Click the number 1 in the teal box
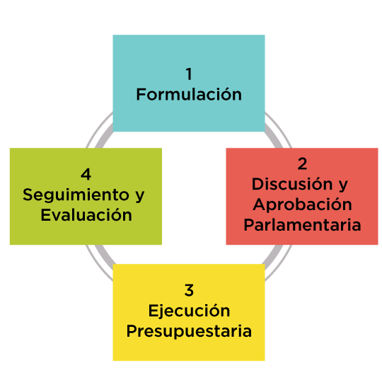(189, 74)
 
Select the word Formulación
(189, 93)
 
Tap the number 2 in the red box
(302, 163)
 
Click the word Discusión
(292, 183)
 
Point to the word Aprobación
(302, 204)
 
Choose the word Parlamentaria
(302, 225)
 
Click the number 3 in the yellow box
(189, 290)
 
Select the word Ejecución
(189, 311)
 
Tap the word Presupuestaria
(189, 331)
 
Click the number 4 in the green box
(86, 174)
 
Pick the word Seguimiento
(76, 195)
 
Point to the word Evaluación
(86, 214)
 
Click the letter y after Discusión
(343, 185)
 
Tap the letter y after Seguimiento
(139, 196)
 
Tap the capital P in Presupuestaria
(132, 330)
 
